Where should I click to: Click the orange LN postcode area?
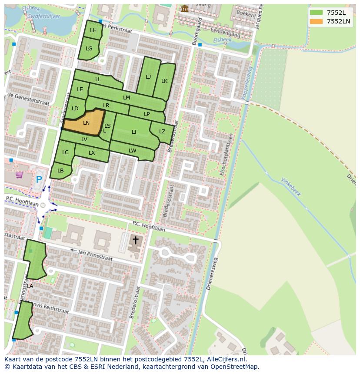[x=85, y=123]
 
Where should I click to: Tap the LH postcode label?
[x=93, y=30]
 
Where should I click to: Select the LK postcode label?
[x=164, y=81]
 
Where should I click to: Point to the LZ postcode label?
[x=162, y=132]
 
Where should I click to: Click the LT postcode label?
[x=134, y=132]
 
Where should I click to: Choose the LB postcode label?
[x=60, y=171]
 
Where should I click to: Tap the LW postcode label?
[x=133, y=151]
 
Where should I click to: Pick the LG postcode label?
[x=89, y=49]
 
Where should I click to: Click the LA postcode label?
[x=30, y=286]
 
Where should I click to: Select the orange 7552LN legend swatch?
[x=317, y=21]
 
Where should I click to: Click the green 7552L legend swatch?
[x=317, y=13]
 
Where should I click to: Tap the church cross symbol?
[x=135, y=240]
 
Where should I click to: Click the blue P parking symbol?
[x=39, y=179]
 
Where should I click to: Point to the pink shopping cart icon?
[x=19, y=175]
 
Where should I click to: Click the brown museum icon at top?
[x=185, y=8]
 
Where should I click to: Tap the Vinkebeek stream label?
[x=291, y=187]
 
